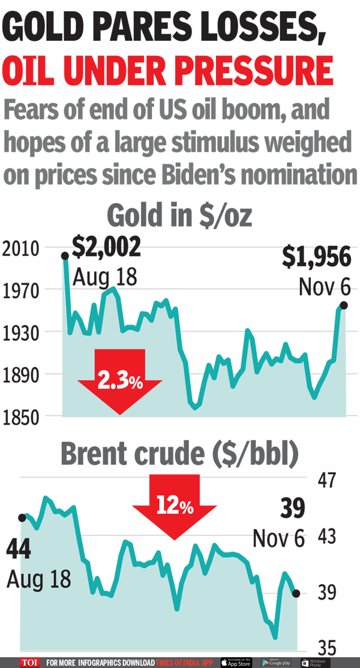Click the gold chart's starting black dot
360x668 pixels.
[x=65, y=256]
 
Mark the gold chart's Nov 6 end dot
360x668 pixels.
[x=343, y=305]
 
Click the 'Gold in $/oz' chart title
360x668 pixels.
[x=180, y=216]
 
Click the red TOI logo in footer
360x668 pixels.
[x=29, y=663]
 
